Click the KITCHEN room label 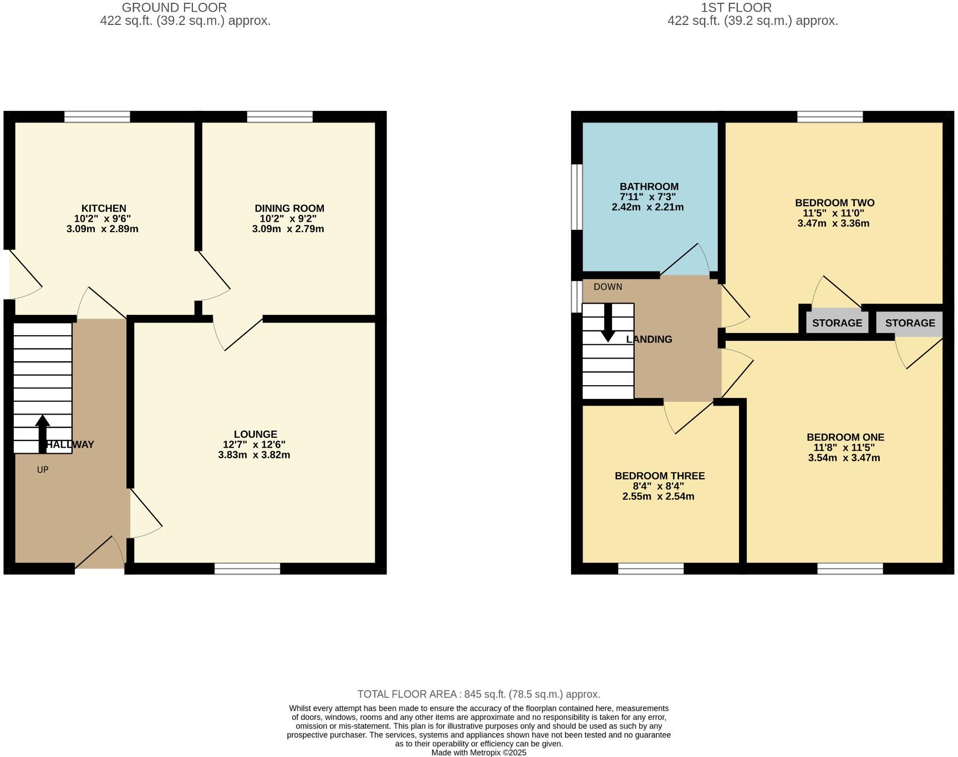pyautogui.click(x=104, y=208)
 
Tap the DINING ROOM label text pyautogui.click(x=289, y=208)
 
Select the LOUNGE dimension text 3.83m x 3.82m pyautogui.click(x=254, y=455)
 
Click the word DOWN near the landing pyautogui.click(x=608, y=287)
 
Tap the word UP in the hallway pyautogui.click(x=43, y=470)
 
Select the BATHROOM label pyautogui.click(x=649, y=187)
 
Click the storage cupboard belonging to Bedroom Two pyautogui.click(x=837, y=323)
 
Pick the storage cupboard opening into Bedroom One pyautogui.click(x=910, y=323)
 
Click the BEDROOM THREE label pyautogui.click(x=659, y=476)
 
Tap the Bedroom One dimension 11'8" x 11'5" pyautogui.click(x=844, y=448)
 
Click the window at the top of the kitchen pyautogui.click(x=97, y=116)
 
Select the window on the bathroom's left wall pyautogui.click(x=577, y=197)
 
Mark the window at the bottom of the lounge pyautogui.click(x=247, y=569)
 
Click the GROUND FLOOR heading pyautogui.click(x=174, y=8)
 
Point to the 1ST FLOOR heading pyautogui.click(x=736, y=8)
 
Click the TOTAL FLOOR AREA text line pyautogui.click(x=478, y=694)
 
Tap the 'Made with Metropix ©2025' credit pyautogui.click(x=478, y=753)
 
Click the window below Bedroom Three pyautogui.click(x=651, y=569)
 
